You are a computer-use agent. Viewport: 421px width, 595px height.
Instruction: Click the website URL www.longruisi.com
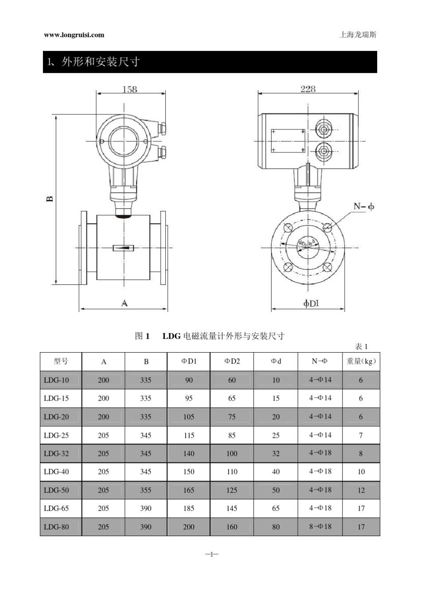pyautogui.click(x=74, y=35)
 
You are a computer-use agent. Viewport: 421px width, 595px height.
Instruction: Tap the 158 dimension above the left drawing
pyautogui.click(x=129, y=89)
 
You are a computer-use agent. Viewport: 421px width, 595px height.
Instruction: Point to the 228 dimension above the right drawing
pyautogui.click(x=308, y=89)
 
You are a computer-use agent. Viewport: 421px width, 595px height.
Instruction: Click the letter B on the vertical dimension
pyautogui.click(x=50, y=198)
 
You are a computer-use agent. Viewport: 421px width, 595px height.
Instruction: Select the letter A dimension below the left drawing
pyautogui.click(x=125, y=303)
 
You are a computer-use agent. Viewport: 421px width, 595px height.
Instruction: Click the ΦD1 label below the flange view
pyautogui.click(x=311, y=303)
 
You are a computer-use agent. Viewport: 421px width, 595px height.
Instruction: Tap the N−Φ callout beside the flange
pyautogui.click(x=364, y=206)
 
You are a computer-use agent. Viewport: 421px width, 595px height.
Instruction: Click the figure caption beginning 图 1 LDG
pyautogui.click(x=210, y=336)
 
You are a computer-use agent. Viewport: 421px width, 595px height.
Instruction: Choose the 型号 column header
pyautogui.click(x=61, y=361)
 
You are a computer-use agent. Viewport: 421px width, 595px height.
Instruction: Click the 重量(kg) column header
pyautogui.click(x=361, y=361)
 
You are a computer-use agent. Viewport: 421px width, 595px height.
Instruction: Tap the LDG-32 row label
pyautogui.click(x=56, y=453)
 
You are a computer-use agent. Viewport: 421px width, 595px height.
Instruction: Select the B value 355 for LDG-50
pyautogui.click(x=146, y=490)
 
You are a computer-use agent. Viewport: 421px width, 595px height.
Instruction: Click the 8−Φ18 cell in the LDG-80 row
pyautogui.click(x=320, y=526)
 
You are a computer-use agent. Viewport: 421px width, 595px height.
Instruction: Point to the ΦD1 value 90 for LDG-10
pyautogui.click(x=189, y=380)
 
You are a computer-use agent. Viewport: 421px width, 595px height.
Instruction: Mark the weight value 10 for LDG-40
pyautogui.click(x=361, y=471)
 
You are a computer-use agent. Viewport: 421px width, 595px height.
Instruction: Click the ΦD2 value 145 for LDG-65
pyautogui.click(x=232, y=508)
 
